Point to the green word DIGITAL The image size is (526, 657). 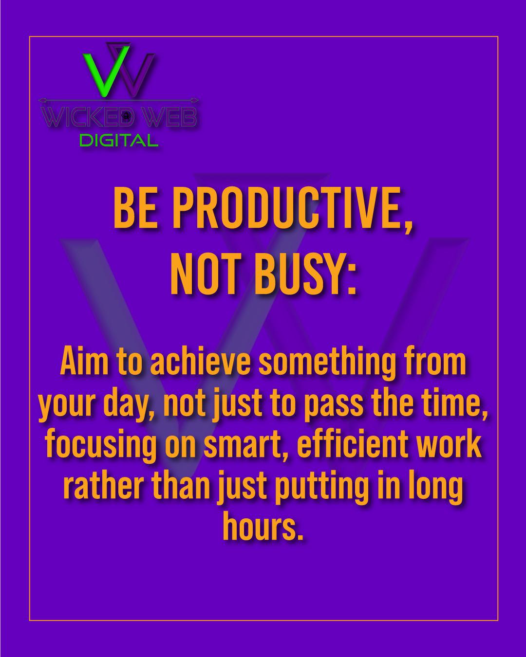coord(118,141)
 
